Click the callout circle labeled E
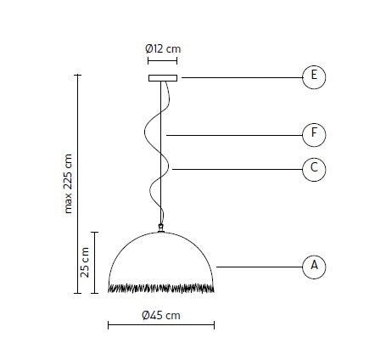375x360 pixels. [x=314, y=77]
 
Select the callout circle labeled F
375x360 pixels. [x=314, y=134]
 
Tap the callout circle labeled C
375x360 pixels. [x=314, y=169]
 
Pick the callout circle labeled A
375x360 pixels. [x=314, y=267]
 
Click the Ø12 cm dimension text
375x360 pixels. [x=163, y=48]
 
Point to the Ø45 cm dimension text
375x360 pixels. [x=161, y=315]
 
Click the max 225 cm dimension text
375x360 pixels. [x=70, y=183]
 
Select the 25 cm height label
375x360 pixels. [x=84, y=262]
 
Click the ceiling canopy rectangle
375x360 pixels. [x=163, y=78]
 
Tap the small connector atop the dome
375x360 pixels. [x=161, y=228]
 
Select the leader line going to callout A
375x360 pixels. [x=259, y=267]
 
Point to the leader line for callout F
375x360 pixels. [x=233, y=134]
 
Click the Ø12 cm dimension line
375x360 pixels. [x=163, y=61]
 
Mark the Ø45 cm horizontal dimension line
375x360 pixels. [x=161, y=325]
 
